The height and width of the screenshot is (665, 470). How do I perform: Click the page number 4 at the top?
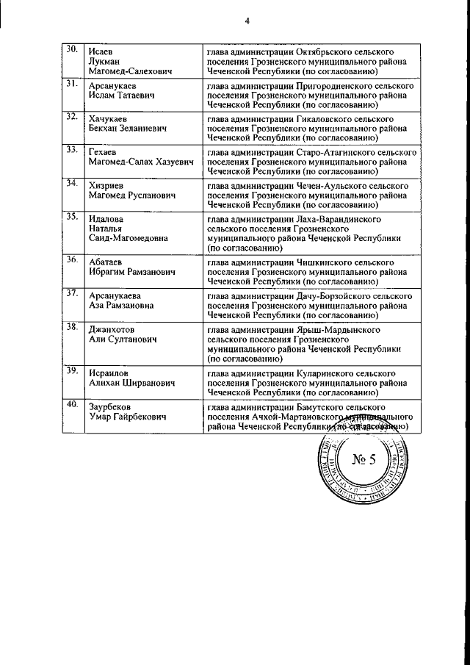tap(247, 21)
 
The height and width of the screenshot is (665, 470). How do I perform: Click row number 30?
tap(71, 50)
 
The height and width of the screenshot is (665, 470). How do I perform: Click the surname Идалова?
tap(106, 219)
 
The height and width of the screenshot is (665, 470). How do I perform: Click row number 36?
tap(72, 259)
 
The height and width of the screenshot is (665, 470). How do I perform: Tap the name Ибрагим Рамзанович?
tap(131, 272)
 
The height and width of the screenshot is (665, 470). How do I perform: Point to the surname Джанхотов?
tap(111, 329)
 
